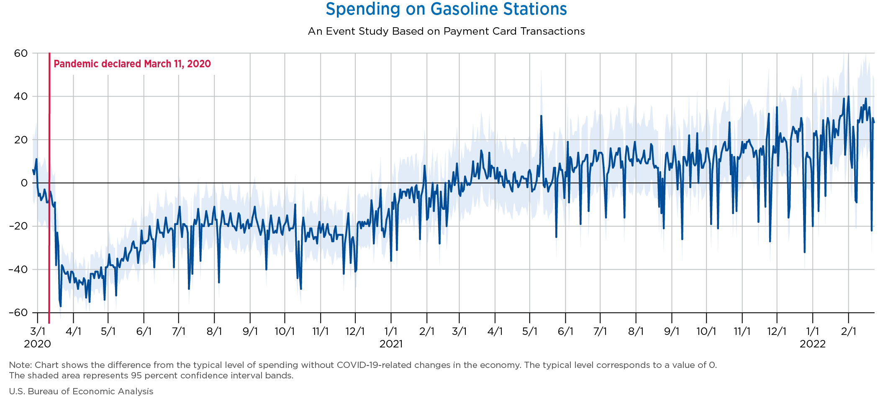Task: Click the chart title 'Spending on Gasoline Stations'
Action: tap(446, 9)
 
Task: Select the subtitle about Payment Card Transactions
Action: tap(446, 31)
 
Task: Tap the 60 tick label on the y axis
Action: tap(21, 53)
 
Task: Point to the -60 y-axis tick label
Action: tap(18, 313)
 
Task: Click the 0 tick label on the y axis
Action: tap(24, 183)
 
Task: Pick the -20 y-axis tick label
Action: tap(18, 226)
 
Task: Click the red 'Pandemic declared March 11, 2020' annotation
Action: tap(132, 64)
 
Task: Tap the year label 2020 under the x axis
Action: tap(37, 344)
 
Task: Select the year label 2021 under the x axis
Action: tap(391, 344)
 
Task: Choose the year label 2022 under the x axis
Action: tap(812, 344)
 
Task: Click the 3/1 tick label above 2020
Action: tap(38, 332)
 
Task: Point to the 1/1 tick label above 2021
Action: tap(391, 332)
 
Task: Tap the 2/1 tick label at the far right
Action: tap(848, 332)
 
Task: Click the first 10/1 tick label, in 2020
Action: tap(285, 332)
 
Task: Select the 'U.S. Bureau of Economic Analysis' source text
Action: tap(81, 391)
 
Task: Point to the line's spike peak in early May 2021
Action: tap(541, 116)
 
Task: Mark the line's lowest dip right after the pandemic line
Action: tap(61, 306)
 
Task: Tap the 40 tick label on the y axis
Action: tap(21, 97)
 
